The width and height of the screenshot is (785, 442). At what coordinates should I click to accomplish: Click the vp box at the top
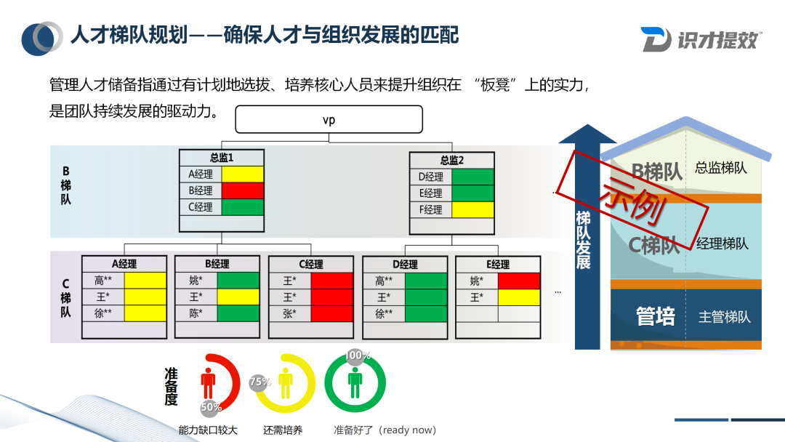(329, 120)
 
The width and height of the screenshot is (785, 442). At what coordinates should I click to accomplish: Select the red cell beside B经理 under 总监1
(243, 190)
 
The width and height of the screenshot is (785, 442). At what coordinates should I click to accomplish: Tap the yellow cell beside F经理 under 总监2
(472, 209)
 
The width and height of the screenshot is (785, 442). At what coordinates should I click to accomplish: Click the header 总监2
(451, 160)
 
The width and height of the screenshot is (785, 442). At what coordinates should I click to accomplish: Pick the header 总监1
(222, 157)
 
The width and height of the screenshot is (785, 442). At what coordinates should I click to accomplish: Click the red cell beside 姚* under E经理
(519, 281)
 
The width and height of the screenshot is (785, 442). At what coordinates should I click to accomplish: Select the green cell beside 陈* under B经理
(238, 313)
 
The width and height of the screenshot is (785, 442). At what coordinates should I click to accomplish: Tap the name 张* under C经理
(289, 313)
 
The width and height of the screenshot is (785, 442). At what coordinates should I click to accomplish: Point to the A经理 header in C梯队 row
(124, 264)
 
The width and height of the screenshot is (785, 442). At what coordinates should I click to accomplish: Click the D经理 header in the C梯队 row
(404, 264)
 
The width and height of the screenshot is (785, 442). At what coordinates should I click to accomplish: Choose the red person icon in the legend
(209, 382)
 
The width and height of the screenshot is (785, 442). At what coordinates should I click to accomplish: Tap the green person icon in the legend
(355, 381)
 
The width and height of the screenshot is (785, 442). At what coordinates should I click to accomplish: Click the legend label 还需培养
(283, 430)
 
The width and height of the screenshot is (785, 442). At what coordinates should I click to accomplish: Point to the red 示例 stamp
(633, 195)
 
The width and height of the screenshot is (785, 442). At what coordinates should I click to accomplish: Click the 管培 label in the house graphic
(655, 317)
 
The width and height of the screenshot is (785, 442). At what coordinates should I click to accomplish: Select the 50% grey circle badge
(212, 407)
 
